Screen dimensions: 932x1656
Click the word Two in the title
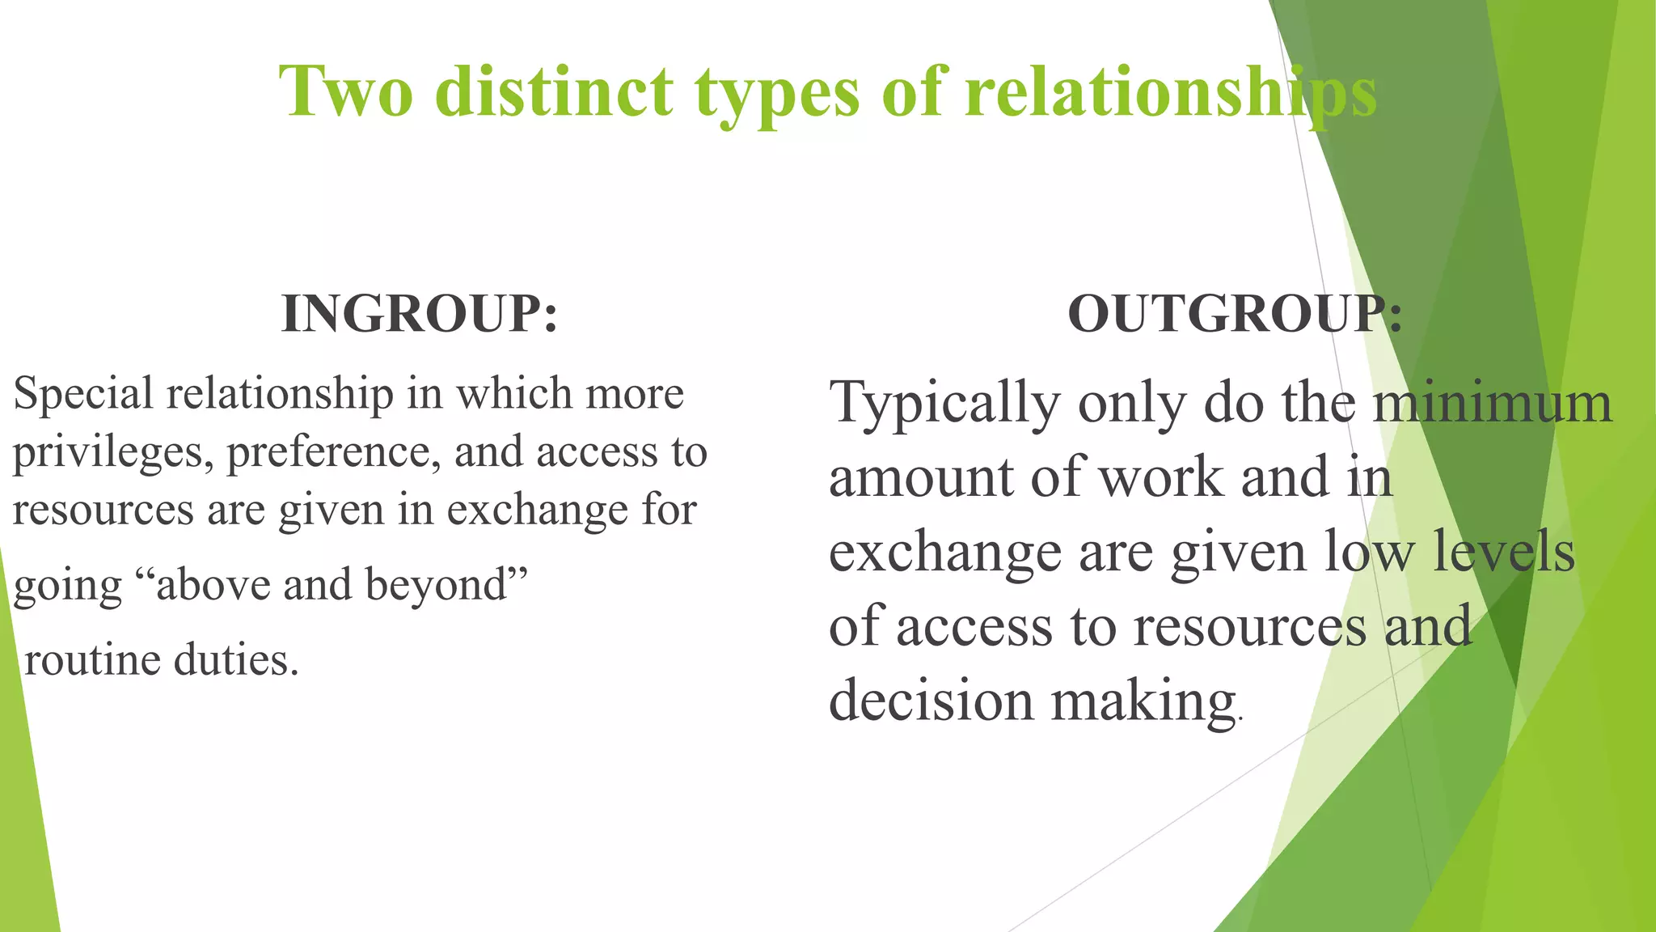coord(345,91)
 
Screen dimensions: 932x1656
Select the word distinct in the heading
coord(554,91)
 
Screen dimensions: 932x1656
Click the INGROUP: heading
coord(419,314)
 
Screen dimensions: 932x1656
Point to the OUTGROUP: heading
coord(1235,314)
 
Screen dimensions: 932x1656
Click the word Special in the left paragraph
coord(83,395)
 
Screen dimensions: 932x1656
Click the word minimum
coord(1493,403)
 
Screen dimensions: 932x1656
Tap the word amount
coord(921,477)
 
